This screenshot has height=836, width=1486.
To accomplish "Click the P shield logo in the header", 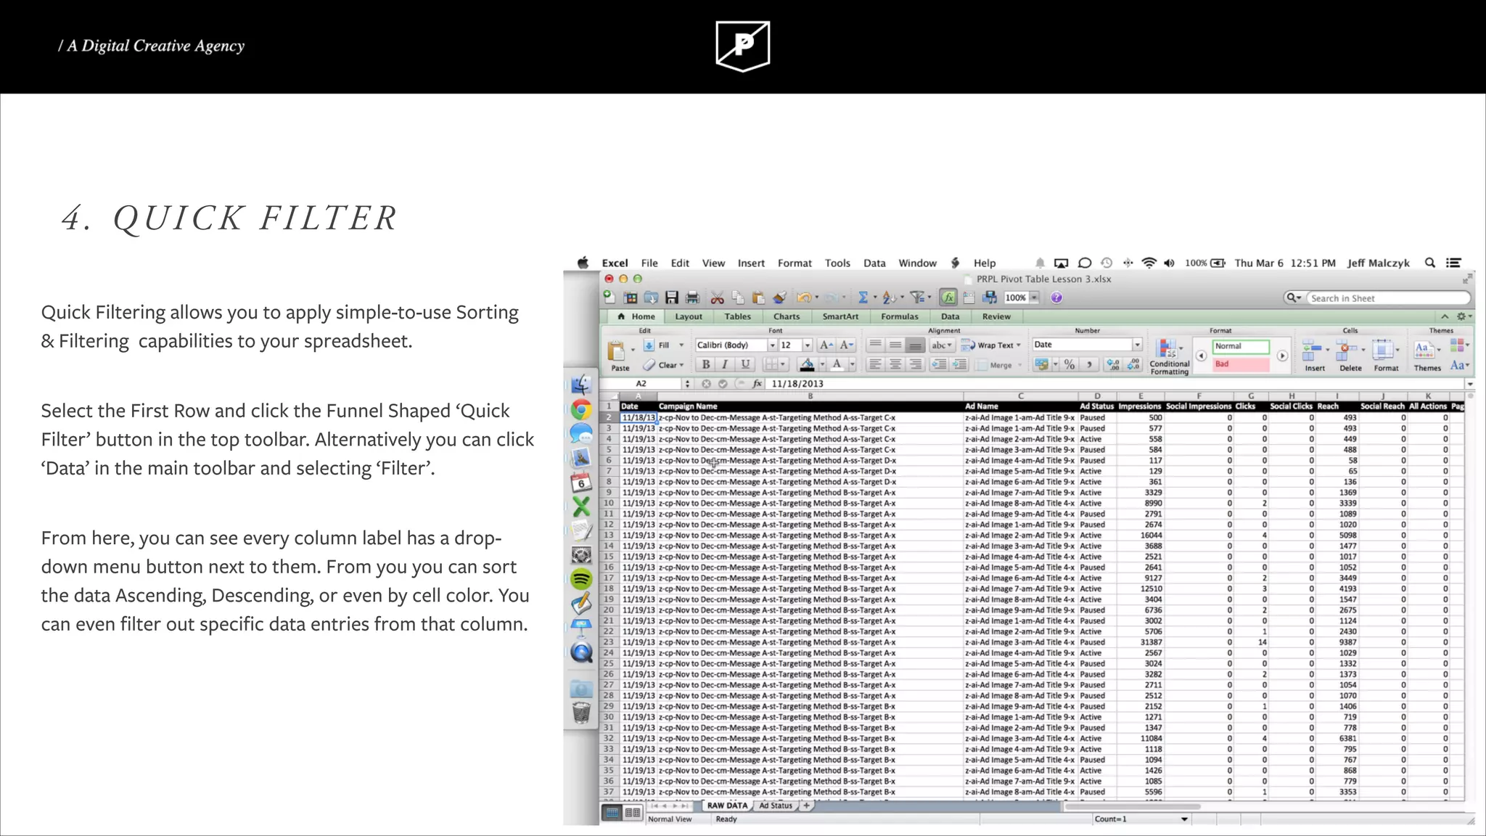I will pos(742,46).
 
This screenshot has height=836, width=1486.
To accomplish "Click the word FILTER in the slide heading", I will pos(328,218).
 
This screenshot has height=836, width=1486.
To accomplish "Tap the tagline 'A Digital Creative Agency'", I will pos(155,46).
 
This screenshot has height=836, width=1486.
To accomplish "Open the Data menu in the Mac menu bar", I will pos(874,263).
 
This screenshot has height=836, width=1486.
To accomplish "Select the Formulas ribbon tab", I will pos(899,316).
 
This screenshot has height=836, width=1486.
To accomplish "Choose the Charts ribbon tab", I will pos(786,316).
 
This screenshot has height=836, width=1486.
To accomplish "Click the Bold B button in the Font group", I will pos(705,364).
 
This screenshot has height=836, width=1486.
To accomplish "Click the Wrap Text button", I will pos(990,345).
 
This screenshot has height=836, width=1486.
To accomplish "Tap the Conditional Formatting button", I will pos(1168,356).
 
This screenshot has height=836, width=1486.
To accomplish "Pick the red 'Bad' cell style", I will pos(1241,364).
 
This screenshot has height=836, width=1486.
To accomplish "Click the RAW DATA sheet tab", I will pos(726,806).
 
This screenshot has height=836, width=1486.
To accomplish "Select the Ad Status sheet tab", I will pos(776,806).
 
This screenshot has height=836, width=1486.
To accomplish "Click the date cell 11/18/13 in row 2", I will pos(639,418).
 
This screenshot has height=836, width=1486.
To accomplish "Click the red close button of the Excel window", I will pos(609,279).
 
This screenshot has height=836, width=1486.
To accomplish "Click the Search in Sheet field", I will pos(1386,298).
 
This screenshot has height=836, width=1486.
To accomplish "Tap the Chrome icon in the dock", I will pos(580,410).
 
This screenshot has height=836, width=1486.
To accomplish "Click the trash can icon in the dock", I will pos(581,713).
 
